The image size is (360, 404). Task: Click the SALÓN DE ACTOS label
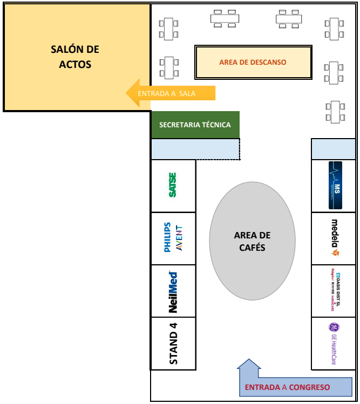point(75,57)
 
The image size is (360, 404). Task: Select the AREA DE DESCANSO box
point(253,62)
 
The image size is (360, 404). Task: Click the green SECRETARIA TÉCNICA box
point(195,125)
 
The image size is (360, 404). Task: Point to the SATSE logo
point(173,185)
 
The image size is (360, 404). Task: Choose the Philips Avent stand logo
point(173,237)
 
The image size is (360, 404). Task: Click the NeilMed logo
point(173,292)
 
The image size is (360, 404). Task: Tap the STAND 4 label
point(173,343)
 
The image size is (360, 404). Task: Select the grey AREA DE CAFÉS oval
point(252,241)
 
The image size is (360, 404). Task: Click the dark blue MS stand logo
point(335,185)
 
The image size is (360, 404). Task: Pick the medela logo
point(335,237)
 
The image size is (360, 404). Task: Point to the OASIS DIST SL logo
point(335,291)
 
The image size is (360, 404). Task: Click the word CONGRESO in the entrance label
point(309,387)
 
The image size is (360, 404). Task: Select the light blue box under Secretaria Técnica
point(195,149)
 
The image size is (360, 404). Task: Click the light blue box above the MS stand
point(334,148)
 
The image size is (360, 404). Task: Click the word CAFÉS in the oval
point(252,248)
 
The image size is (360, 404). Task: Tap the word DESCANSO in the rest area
point(268,62)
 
